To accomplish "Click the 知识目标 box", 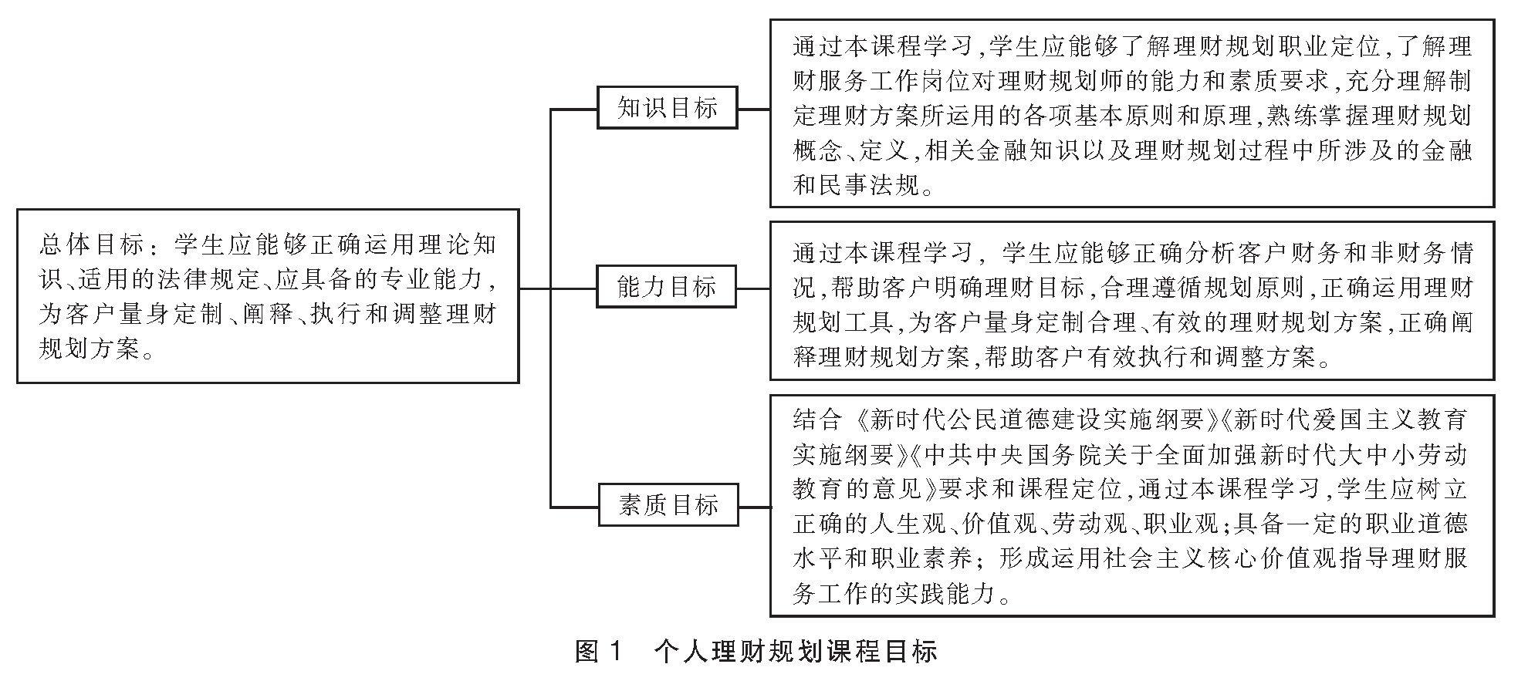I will [x=667, y=108].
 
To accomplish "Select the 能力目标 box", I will [x=667, y=287].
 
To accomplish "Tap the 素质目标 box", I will [x=668, y=505].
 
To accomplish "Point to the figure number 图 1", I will [x=598, y=652].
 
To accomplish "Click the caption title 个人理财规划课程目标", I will [x=795, y=652].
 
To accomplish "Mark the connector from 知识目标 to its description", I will [x=753, y=109].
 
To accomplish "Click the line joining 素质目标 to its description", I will [x=754, y=507].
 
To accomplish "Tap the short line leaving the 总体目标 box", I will [x=534, y=288].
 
